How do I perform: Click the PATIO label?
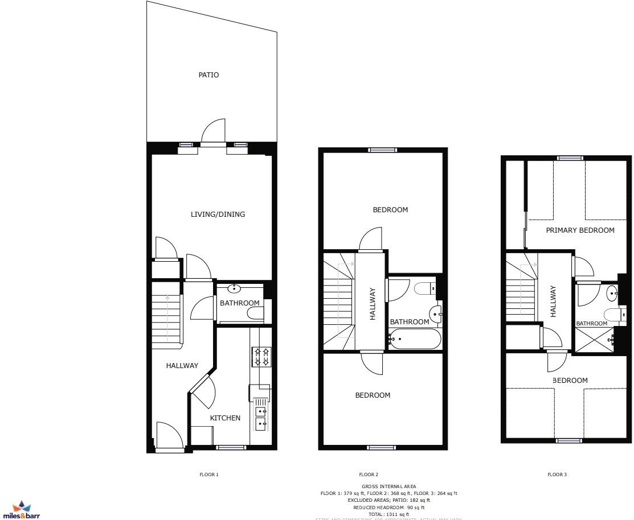208,75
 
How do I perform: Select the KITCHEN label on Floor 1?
225,418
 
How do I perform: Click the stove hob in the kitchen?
261,357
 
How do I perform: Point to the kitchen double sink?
261,416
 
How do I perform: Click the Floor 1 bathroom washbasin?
234,289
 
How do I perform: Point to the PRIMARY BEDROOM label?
580,230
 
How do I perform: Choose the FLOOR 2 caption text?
368,474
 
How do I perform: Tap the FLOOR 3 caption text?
557,474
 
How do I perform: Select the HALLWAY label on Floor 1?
182,366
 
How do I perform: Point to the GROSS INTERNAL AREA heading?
388,486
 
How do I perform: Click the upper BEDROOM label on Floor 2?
390,210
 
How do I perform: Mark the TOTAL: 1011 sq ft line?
388,514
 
